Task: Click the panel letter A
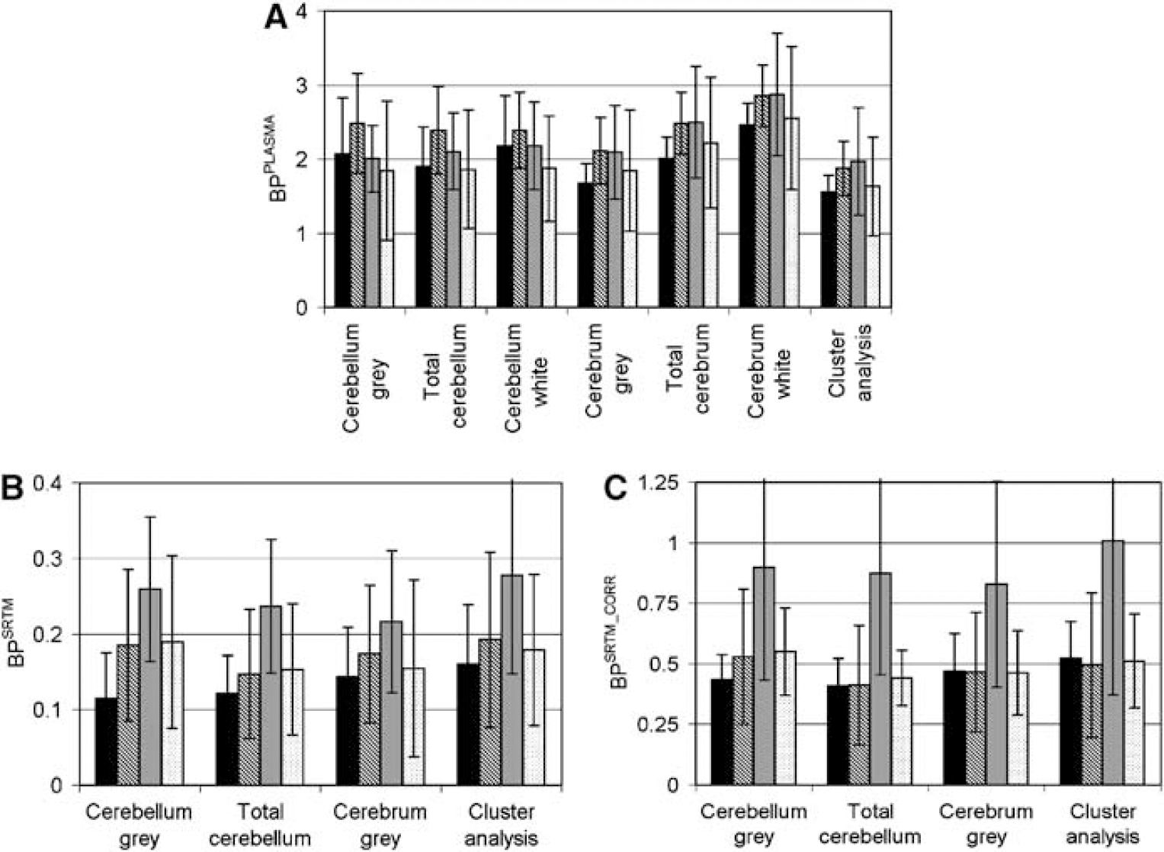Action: pos(277,21)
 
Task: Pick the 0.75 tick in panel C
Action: pos(667,603)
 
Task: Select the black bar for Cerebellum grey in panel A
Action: pos(342,230)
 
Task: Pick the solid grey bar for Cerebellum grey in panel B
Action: pos(151,686)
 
